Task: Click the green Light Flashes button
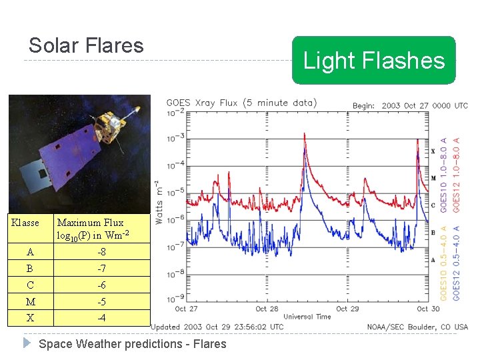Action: click(x=373, y=61)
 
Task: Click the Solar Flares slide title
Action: click(x=86, y=45)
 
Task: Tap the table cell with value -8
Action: click(x=101, y=252)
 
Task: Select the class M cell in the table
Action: click(x=31, y=302)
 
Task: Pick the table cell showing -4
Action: click(x=101, y=318)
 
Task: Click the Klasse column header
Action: click(x=26, y=223)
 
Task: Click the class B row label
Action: click(x=31, y=269)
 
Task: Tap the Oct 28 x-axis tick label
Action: click(x=267, y=309)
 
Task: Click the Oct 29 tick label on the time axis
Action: click(x=347, y=309)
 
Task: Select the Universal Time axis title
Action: click(x=307, y=316)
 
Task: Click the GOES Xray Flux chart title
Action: click(x=241, y=103)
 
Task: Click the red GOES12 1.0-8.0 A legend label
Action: click(x=457, y=175)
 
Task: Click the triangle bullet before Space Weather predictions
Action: click(x=27, y=343)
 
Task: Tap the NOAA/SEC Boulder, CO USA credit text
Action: click(x=417, y=327)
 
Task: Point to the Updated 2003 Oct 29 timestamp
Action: click(x=217, y=327)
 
